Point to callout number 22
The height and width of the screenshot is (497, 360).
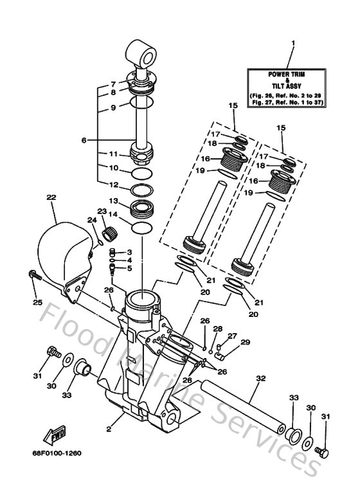[x=51, y=198]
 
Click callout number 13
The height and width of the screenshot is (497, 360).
[x=113, y=201]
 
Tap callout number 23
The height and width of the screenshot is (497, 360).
[x=102, y=211]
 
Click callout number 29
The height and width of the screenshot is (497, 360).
[x=244, y=342]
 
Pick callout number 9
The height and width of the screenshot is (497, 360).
[x=113, y=108]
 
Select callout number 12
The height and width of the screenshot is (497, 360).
[x=113, y=185]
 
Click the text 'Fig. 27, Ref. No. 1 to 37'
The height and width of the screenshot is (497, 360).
[x=287, y=102]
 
